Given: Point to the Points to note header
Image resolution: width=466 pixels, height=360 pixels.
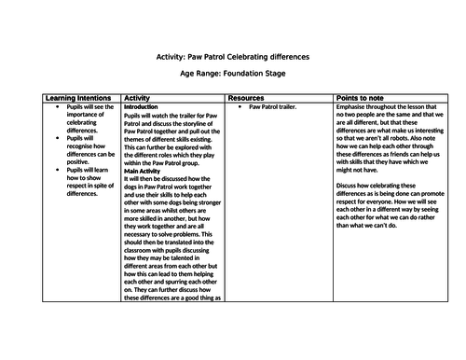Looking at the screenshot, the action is click(365, 97).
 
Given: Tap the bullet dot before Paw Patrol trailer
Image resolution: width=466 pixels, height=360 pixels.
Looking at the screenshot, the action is click(240, 107).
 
